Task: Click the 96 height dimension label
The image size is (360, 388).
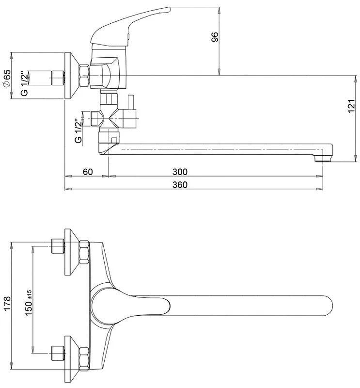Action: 215,37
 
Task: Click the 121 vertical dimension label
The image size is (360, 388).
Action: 351,106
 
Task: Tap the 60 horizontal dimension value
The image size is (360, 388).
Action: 88,172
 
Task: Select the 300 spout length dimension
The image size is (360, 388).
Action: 180,172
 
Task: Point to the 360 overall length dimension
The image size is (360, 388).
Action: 180,185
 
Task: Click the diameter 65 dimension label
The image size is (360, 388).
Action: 7,78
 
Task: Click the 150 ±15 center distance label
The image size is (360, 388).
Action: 29,303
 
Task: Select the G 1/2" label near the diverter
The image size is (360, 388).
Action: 78,131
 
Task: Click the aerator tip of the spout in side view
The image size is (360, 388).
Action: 323,158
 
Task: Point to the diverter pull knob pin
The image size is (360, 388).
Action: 130,102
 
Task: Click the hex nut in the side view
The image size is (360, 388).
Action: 84,76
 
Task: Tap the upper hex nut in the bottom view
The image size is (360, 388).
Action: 84,252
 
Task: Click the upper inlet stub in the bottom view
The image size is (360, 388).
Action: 57,246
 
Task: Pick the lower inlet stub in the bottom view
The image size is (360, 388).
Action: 57,354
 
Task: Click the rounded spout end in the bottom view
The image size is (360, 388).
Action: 328,306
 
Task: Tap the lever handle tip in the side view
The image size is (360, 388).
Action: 169,9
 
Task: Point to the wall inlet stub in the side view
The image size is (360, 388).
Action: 57,78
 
